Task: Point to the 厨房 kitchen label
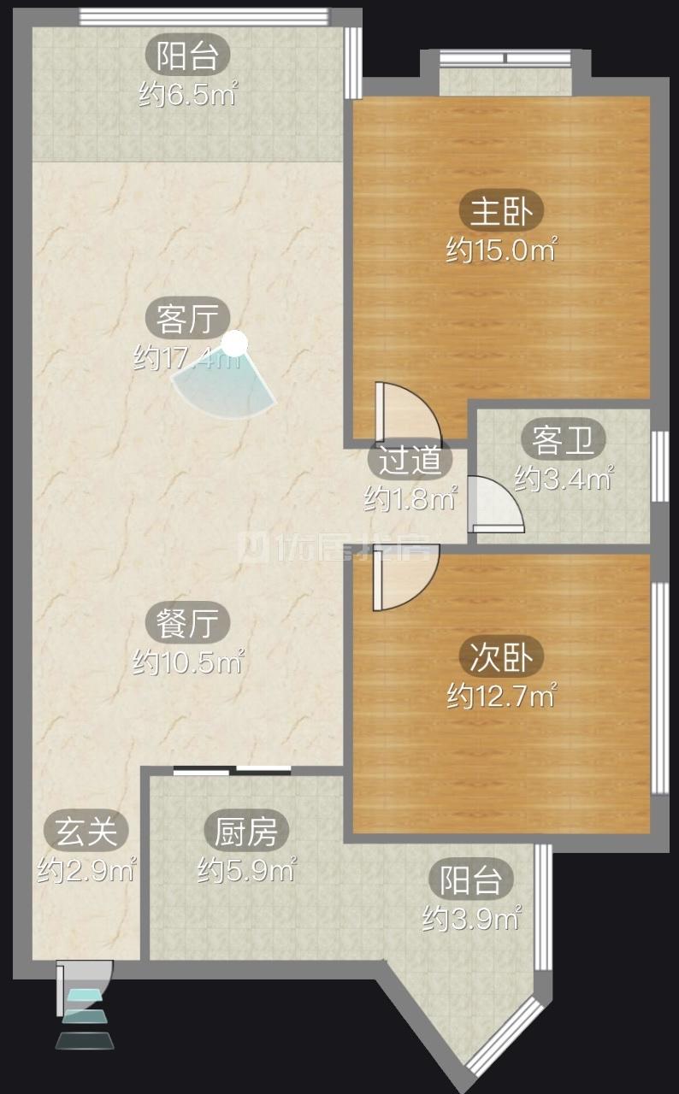click(246, 831)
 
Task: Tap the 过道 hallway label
click(410, 462)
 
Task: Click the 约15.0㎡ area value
click(501, 250)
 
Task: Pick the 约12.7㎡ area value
click(501, 697)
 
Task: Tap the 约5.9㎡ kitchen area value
click(246, 871)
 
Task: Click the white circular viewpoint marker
click(234, 344)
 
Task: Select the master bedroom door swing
click(405, 413)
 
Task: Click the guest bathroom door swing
click(495, 505)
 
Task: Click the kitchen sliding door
click(233, 771)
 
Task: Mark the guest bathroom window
click(658, 466)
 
